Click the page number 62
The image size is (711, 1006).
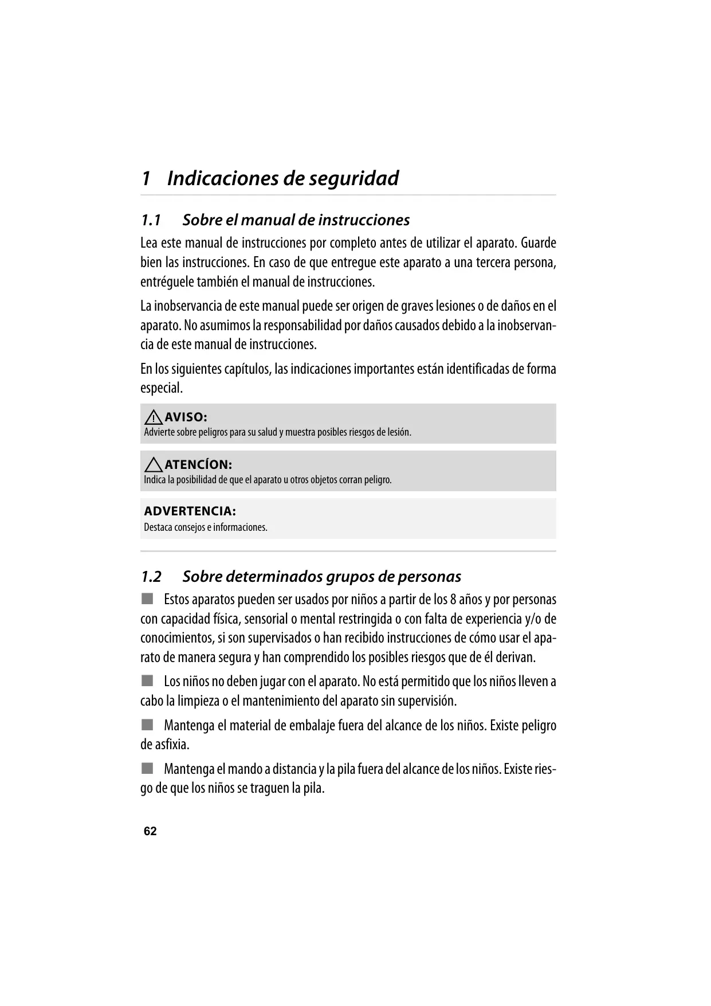(x=150, y=831)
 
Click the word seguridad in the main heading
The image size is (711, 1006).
(x=354, y=178)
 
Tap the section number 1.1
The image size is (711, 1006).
(x=151, y=220)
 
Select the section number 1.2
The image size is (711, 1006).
(x=151, y=577)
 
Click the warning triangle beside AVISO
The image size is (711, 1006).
(x=153, y=417)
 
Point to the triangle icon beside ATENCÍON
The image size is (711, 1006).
(x=153, y=465)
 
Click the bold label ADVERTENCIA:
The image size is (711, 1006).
(x=190, y=511)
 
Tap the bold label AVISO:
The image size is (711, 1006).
(x=186, y=417)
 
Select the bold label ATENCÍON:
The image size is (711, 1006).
(x=198, y=465)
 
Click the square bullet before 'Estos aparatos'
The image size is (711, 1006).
(x=148, y=599)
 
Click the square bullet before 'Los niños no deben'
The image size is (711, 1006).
(x=148, y=681)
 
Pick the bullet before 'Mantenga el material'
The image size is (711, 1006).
(x=148, y=725)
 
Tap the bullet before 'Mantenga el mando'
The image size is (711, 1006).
(x=148, y=768)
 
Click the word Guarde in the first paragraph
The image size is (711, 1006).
(x=538, y=243)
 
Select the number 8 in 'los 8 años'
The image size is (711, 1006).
(x=453, y=600)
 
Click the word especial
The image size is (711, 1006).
(x=161, y=388)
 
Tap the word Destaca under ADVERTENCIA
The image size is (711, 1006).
(x=158, y=527)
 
